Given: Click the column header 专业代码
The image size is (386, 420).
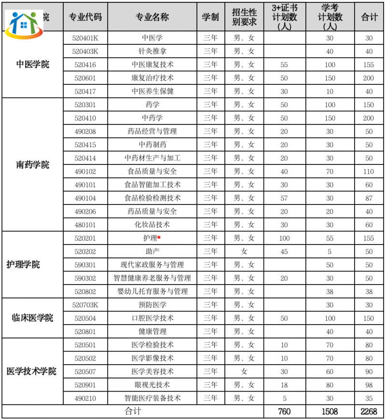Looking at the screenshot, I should tap(85, 17).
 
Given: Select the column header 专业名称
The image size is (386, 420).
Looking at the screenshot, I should tap(152, 17).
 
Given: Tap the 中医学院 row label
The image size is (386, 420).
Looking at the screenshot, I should tap(32, 65).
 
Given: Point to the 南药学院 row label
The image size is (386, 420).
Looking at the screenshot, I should tap(32, 165).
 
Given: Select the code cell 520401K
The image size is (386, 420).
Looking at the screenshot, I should tap(85, 38).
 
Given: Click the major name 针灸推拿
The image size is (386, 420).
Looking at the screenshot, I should tap(152, 51).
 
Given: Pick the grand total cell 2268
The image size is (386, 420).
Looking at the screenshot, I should tap(369, 411).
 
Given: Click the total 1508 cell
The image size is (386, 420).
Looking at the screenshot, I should tap(330, 411).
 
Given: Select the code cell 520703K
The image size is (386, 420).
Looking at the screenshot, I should tap(85, 305).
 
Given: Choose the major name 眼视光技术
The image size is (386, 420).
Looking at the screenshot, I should tap(152, 385).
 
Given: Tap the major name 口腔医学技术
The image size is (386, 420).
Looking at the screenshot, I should tap(152, 318).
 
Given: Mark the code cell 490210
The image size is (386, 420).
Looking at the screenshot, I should tap(85, 398).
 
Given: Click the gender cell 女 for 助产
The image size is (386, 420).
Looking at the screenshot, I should tap(244, 251).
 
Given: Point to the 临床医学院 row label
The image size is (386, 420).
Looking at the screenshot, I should tap(32, 318).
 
